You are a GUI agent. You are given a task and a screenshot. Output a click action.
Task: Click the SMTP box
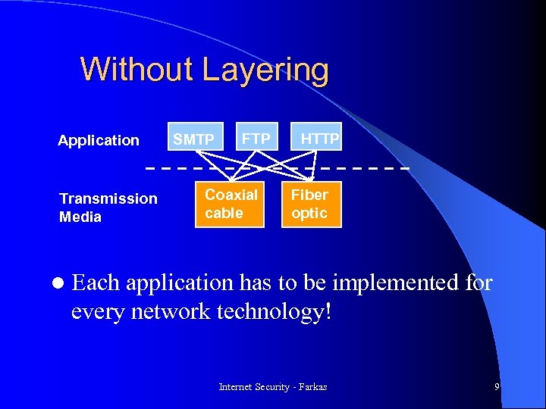tap(194, 139)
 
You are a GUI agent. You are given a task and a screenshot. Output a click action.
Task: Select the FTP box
tap(256, 139)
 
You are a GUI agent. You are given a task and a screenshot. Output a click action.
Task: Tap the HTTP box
tap(320, 139)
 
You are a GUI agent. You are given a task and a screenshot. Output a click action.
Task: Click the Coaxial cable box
tap(231, 204)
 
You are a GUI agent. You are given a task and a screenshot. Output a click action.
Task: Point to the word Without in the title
tap(136, 70)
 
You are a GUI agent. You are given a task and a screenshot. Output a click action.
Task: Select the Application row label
tap(99, 140)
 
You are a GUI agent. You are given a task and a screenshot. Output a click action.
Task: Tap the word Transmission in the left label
tap(108, 198)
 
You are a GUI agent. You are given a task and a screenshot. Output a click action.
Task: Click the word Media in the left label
tap(80, 217)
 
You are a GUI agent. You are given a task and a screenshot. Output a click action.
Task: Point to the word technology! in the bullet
tap(270, 311)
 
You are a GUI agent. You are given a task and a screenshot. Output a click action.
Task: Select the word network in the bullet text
tap(162, 311)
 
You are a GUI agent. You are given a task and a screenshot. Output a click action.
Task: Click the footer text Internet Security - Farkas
tap(273, 387)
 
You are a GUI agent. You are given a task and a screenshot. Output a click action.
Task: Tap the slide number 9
tap(497, 387)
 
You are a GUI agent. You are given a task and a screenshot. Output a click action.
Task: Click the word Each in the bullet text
tap(96, 283)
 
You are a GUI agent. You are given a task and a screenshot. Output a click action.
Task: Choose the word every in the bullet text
tap(96, 312)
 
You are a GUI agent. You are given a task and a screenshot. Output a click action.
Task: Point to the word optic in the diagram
tap(309, 214)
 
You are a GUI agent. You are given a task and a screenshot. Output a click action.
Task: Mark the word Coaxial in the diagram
tap(231, 195)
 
